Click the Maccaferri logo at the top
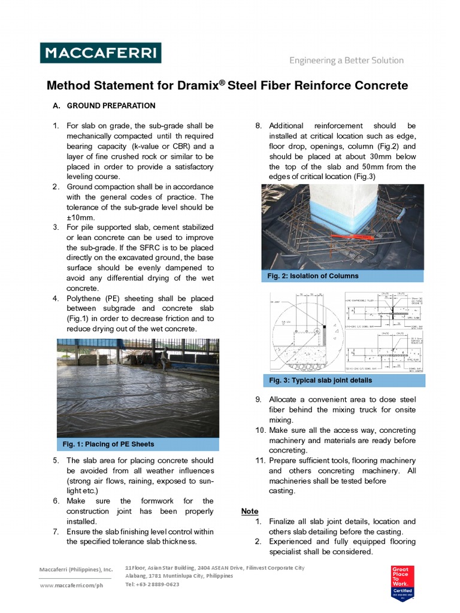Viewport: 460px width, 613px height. click(x=100, y=53)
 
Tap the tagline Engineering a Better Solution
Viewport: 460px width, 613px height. click(x=346, y=60)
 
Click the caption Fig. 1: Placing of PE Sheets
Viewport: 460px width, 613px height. click(x=108, y=444)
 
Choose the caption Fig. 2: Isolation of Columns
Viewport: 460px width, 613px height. click(x=314, y=276)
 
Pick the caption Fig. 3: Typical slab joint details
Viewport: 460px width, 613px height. click(x=320, y=380)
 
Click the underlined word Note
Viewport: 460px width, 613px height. click(x=250, y=511)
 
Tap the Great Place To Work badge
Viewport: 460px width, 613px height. click(x=401, y=581)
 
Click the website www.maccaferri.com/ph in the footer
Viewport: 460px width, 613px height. click(x=71, y=585)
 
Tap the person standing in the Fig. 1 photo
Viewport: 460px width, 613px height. click(x=164, y=357)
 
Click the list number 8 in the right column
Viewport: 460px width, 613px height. click(x=258, y=126)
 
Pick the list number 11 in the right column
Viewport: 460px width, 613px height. click(x=259, y=460)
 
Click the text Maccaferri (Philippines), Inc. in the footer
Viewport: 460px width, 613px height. click(x=76, y=569)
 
